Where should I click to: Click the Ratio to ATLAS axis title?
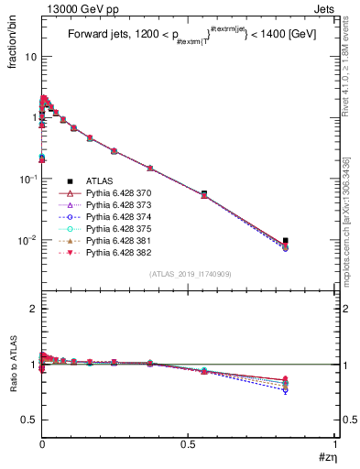coord(12,365)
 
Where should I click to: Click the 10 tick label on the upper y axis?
coord(29,56)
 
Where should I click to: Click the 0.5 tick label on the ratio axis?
coord(28,420)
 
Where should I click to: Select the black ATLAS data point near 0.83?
coord(286,241)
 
